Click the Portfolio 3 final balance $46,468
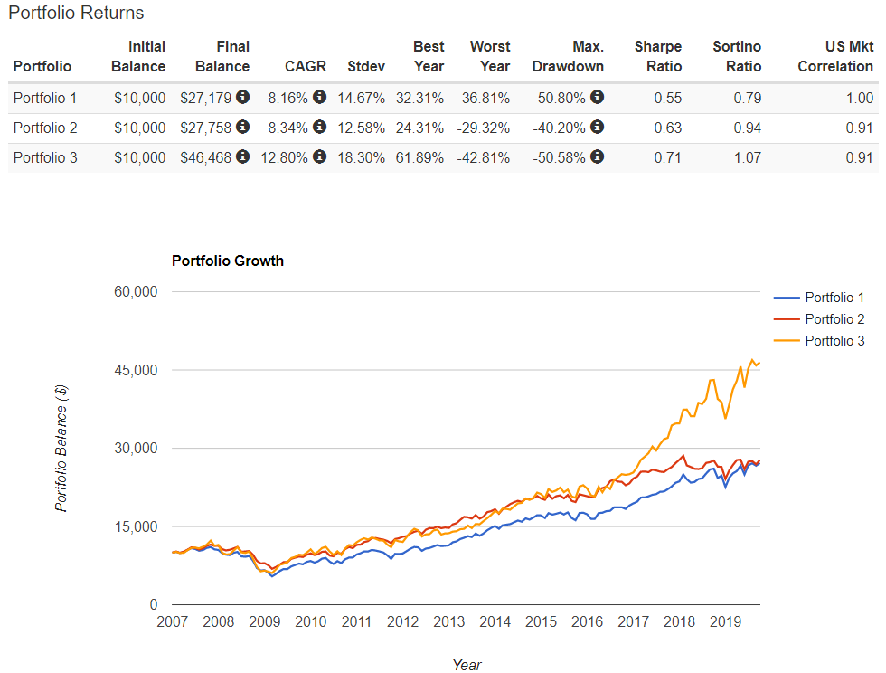pyautogui.click(x=206, y=157)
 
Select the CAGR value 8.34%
pyautogui.click(x=287, y=128)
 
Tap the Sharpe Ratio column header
pyautogui.click(x=658, y=56)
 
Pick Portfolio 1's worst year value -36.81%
pyautogui.click(x=483, y=98)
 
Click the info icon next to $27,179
pyautogui.click(x=243, y=97)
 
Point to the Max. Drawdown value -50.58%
pyautogui.click(x=559, y=157)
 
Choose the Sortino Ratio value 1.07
pyautogui.click(x=748, y=157)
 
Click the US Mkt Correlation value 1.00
pyautogui.click(x=860, y=98)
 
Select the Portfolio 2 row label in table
pyautogui.click(x=45, y=128)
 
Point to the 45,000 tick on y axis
pyautogui.click(x=136, y=371)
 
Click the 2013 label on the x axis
pyautogui.click(x=448, y=622)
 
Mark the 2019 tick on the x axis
pyautogui.click(x=725, y=622)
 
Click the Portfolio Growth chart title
pyautogui.click(x=228, y=261)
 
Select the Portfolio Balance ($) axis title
pyautogui.click(x=61, y=449)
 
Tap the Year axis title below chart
pyautogui.click(x=467, y=665)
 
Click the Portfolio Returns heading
pyautogui.click(x=76, y=13)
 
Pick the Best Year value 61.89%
pyautogui.click(x=419, y=157)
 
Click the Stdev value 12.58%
pyautogui.click(x=361, y=128)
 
